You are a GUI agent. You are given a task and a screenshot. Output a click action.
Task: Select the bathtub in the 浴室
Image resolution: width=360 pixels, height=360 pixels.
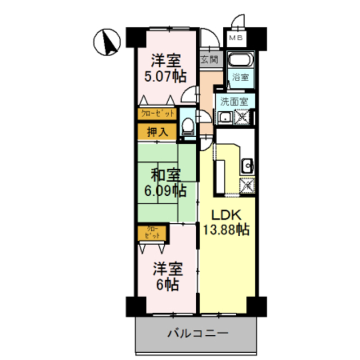click(242, 61)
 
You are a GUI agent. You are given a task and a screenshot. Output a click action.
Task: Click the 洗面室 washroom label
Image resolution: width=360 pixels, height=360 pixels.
click(233, 103)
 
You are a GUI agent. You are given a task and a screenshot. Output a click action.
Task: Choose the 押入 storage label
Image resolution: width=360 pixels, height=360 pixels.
click(157, 132)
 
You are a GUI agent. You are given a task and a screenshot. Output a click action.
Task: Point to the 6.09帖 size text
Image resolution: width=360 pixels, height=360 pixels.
click(165, 191)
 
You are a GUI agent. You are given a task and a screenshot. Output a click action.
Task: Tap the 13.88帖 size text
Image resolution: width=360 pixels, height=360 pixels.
click(227, 229)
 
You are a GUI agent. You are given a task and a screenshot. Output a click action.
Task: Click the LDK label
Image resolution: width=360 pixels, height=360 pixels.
click(226, 214)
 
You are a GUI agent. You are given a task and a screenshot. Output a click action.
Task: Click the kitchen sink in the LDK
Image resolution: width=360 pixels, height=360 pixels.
click(247, 165)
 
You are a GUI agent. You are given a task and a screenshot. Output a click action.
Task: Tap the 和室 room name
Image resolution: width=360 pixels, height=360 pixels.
click(165, 173)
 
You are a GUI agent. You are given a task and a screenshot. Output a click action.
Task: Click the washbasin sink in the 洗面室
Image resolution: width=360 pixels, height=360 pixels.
click(226, 118)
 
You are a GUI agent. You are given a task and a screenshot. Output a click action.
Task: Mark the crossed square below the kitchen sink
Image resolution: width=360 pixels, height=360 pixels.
click(247, 184)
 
